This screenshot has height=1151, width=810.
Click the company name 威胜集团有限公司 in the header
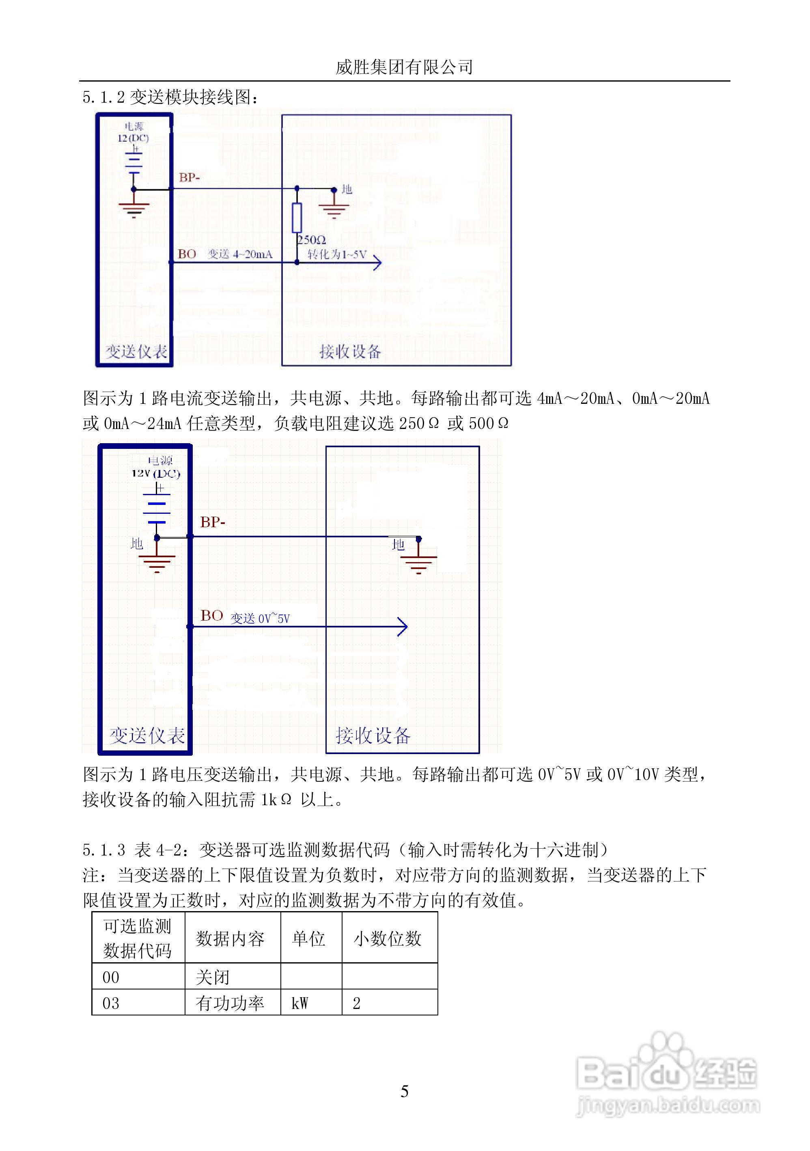coord(404,67)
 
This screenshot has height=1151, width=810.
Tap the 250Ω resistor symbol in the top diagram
coord(297,218)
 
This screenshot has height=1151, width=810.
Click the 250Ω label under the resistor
coord(312,240)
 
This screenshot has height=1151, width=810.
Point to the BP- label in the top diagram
coord(190,177)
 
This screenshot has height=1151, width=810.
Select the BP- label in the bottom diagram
coord(213,522)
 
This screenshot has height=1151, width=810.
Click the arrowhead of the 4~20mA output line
coord(377,262)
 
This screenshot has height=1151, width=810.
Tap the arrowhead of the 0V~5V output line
coord(403,626)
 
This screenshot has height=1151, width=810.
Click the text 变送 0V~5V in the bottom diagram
coord(260,619)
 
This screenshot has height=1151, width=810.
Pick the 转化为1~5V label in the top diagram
coord(337,254)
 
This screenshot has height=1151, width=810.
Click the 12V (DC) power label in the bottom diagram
coord(156,473)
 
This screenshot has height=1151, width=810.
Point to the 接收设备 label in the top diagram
coord(350,351)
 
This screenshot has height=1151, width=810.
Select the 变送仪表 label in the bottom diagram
coord(147,735)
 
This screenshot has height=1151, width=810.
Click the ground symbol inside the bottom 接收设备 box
coord(418,563)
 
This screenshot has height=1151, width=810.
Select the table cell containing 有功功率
coord(230,1003)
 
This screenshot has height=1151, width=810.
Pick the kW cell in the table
coord(300,1003)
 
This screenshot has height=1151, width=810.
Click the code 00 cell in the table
coord(111,977)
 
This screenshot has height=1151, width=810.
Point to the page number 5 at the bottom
coord(405,1091)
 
